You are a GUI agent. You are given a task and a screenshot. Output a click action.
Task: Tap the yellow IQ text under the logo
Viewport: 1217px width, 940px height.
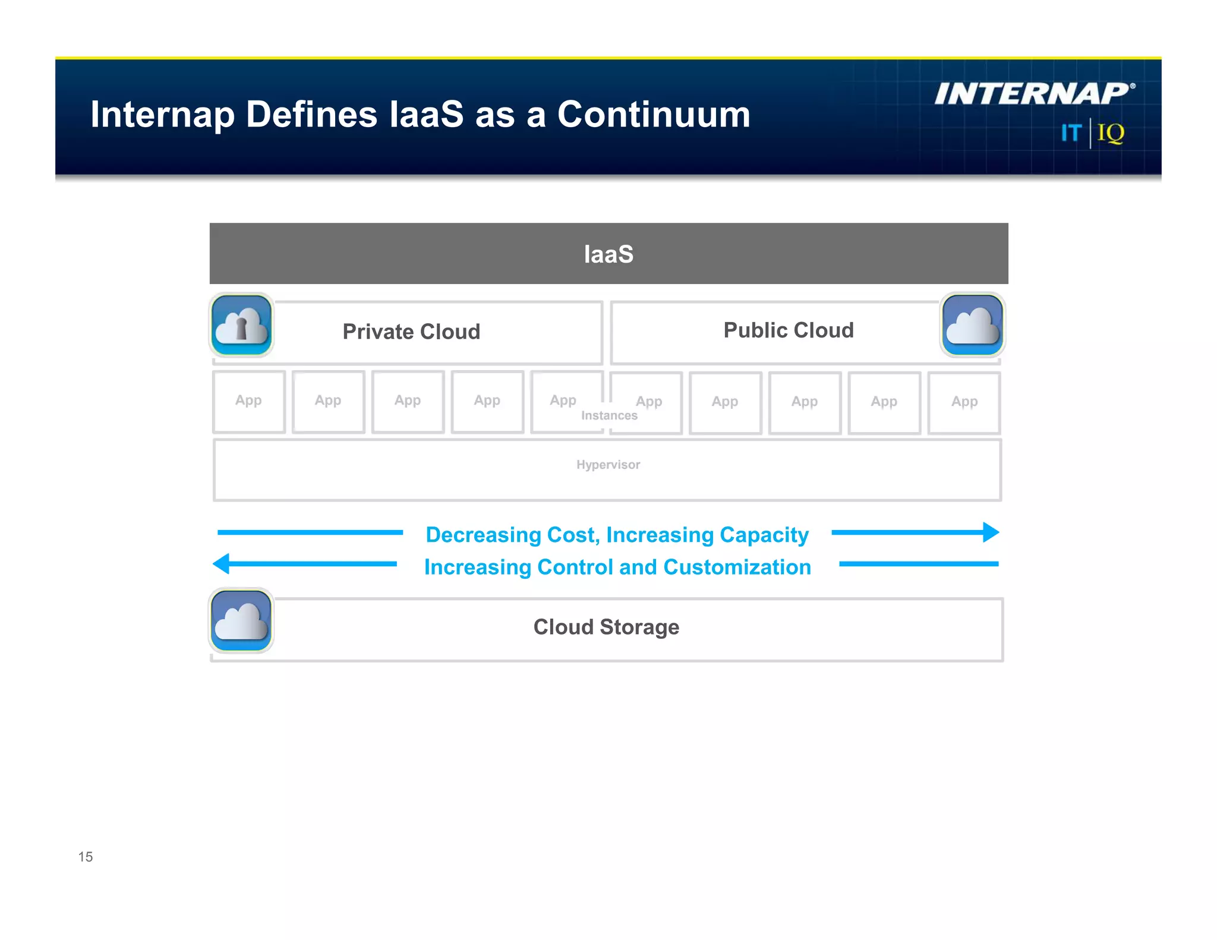pos(1111,133)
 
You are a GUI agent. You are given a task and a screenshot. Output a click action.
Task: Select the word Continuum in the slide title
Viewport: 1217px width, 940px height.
pos(654,114)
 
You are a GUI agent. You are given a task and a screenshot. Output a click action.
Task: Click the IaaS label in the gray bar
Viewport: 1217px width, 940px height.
pos(608,254)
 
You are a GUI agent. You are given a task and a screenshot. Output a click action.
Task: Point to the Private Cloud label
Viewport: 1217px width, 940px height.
pos(411,332)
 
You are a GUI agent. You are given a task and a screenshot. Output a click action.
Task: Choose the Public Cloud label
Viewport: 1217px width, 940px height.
pos(788,330)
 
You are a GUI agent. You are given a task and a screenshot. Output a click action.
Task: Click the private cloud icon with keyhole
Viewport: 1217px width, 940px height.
pos(241,325)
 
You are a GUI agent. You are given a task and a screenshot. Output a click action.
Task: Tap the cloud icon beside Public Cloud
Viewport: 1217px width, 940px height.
pos(972,325)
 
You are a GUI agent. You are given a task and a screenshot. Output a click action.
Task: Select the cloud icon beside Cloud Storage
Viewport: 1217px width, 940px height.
pos(241,620)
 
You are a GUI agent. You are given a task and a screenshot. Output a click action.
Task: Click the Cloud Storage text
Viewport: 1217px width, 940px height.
pos(606,627)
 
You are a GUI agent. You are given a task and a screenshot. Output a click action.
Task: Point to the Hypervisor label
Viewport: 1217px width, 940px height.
pos(608,465)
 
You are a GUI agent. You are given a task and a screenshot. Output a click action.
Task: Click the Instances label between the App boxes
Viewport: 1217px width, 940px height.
pos(609,415)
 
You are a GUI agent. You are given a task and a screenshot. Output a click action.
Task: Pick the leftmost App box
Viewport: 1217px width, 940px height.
pos(248,402)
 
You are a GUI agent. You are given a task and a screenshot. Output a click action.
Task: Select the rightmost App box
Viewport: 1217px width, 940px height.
pos(964,402)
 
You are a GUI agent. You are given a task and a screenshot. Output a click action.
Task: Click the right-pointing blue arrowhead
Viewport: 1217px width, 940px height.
pos(991,532)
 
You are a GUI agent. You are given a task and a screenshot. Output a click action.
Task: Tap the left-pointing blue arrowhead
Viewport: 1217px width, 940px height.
pos(222,563)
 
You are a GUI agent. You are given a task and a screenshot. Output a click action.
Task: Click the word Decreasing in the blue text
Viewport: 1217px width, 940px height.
pos(482,535)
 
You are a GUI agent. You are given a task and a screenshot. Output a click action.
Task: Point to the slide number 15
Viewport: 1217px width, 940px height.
pos(86,856)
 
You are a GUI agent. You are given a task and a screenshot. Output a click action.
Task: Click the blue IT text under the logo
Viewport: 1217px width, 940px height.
pos(1071,133)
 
